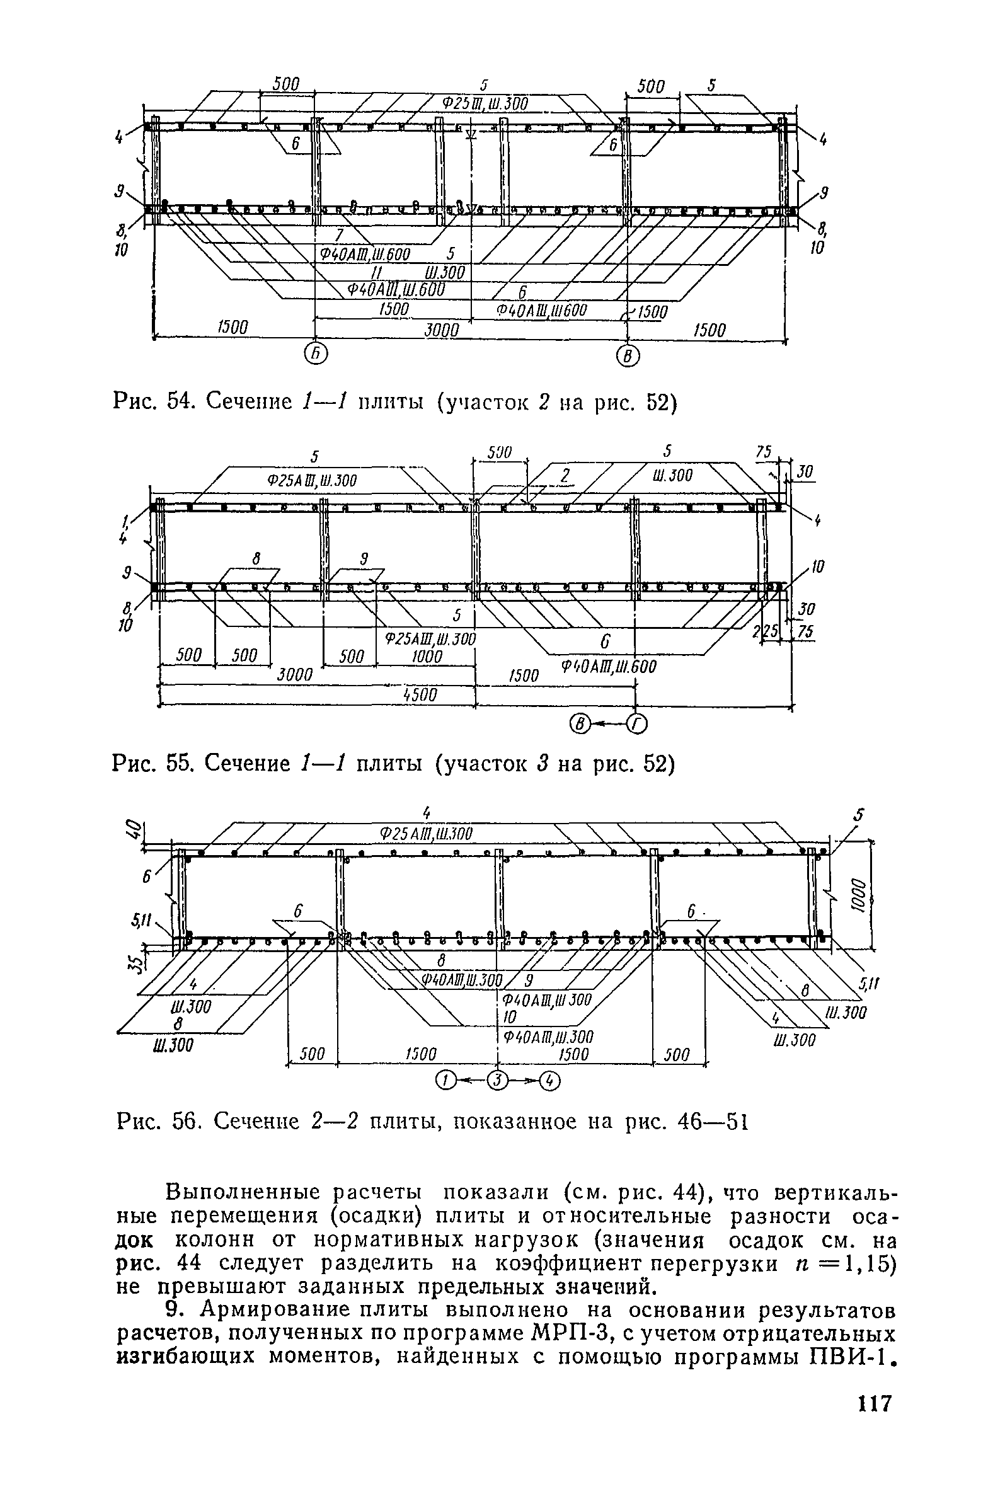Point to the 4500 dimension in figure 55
click(x=421, y=694)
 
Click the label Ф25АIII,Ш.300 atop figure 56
click(x=426, y=834)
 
